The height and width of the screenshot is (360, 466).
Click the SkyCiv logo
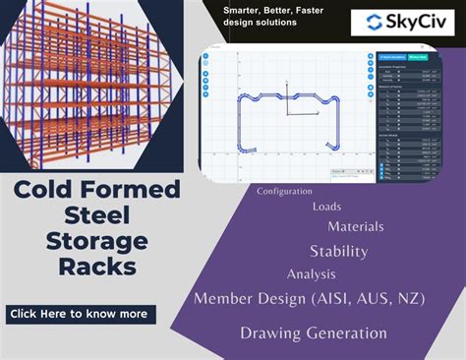pos(403,24)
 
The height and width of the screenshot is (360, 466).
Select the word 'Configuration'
pos(284,191)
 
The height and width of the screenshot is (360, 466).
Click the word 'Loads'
pos(327,207)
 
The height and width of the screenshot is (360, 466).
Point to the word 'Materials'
pos(355,226)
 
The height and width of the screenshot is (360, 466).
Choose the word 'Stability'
pos(338,251)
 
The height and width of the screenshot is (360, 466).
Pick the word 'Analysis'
pos(312,274)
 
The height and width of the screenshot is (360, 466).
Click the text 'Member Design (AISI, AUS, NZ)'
pos(304,298)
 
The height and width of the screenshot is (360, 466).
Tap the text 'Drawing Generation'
pos(313,333)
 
